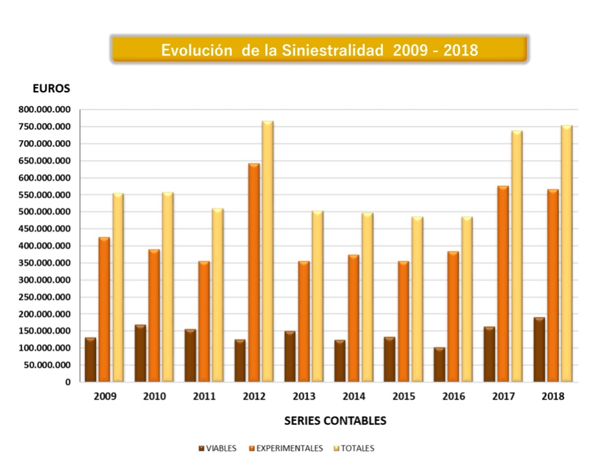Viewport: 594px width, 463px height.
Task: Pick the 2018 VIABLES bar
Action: tap(539, 350)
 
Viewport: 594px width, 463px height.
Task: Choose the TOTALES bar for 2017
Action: tap(517, 256)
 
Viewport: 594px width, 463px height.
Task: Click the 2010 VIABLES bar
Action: tap(140, 353)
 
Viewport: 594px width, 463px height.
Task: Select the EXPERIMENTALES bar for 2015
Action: tap(403, 321)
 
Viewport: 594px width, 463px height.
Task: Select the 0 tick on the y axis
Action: tap(68, 382)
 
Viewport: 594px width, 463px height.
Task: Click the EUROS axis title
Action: tap(52, 88)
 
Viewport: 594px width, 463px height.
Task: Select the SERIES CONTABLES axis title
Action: tap(335, 421)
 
